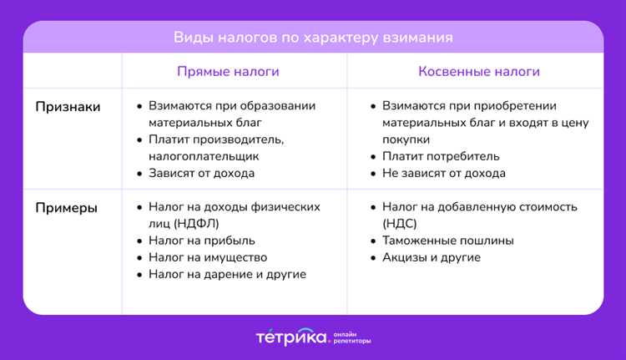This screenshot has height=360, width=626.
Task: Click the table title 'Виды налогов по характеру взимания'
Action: tap(313, 38)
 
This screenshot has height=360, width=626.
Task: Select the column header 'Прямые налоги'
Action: tap(228, 72)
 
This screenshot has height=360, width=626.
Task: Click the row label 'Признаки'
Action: tap(68, 107)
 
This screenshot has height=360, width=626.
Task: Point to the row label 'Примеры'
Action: tap(66, 207)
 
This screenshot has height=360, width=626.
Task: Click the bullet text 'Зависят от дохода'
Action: tap(201, 174)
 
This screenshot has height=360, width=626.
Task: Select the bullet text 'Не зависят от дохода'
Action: tap(443, 174)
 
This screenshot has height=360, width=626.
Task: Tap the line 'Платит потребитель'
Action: tap(441, 156)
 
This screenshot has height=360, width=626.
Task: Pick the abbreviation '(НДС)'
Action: tap(400, 224)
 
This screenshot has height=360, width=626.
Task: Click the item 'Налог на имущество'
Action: tap(208, 257)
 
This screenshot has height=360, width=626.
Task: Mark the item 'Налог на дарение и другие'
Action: tap(227, 274)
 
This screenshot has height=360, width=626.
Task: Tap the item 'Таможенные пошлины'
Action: tap(447, 241)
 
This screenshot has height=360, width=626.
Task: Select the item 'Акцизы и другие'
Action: tap(431, 257)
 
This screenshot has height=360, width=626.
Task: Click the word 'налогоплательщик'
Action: tap(204, 156)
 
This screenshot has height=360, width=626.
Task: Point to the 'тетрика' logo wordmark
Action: tap(290, 337)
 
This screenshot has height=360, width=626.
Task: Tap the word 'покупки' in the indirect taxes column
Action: tap(406, 139)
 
